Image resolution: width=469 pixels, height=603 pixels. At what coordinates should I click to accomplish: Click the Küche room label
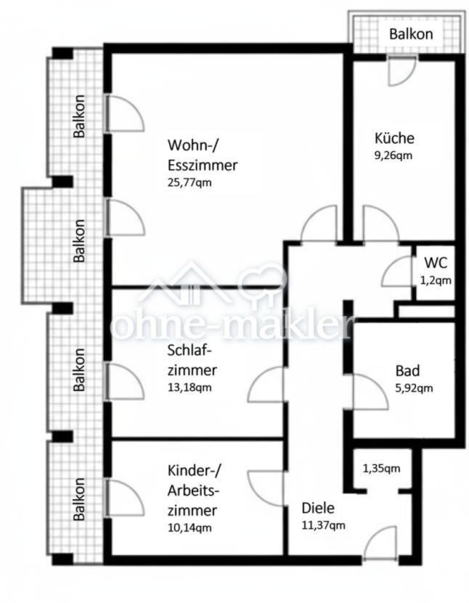[x=394, y=138]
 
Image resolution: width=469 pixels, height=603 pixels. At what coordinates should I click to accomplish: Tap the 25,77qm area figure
[x=189, y=182]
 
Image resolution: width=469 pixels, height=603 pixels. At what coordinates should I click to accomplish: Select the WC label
[x=436, y=263]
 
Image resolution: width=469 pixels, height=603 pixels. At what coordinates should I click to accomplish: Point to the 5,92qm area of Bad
[x=415, y=388]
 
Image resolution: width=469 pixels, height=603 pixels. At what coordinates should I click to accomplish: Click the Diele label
[x=318, y=508]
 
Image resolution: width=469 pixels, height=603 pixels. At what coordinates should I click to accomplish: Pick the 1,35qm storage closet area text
[x=381, y=469]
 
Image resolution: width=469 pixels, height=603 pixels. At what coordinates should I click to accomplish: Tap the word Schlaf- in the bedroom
[x=190, y=350]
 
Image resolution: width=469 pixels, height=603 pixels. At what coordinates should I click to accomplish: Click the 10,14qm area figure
[x=189, y=527]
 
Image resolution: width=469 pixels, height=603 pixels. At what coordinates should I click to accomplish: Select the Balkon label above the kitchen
[x=411, y=34]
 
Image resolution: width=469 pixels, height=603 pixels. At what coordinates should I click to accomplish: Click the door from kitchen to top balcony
[x=401, y=71]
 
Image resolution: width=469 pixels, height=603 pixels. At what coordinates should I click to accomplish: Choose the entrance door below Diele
[x=380, y=541]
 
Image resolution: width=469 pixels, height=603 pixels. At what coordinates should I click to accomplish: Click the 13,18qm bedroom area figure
[x=189, y=387]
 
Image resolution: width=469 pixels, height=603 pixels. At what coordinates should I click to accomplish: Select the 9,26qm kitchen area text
[x=393, y=155]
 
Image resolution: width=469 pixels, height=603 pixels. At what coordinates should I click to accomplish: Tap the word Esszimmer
[x=203, y=166]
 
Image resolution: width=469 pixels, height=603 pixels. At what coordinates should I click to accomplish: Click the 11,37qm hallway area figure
[x=323, y=525]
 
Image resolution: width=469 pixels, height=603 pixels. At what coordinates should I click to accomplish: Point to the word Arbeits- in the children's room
[x=193, y=490]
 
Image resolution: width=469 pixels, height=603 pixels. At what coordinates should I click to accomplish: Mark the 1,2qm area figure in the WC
[x=436, y=280]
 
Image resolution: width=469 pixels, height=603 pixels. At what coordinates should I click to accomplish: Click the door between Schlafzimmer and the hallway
[x=266, y=384]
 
